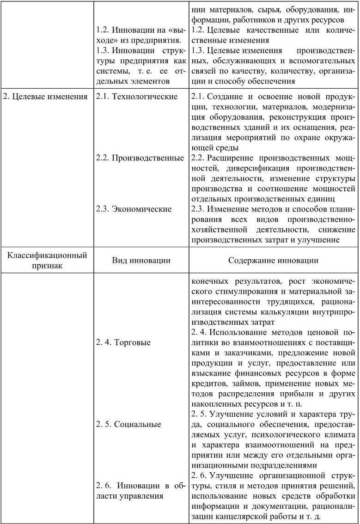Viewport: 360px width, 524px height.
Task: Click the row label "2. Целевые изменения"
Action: click(x=45, y=97)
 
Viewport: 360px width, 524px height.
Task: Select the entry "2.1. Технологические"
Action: click(x=137, y=97)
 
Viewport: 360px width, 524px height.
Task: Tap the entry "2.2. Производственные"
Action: click(x=140, y=158)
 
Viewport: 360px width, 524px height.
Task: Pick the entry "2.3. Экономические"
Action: click(x=134, y=209)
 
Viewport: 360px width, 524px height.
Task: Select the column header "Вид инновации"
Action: click(x=141, y=260)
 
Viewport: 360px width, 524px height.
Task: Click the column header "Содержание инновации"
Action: click(x=273, y=260)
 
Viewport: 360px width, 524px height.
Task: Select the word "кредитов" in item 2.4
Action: click(x=207, y=383)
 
